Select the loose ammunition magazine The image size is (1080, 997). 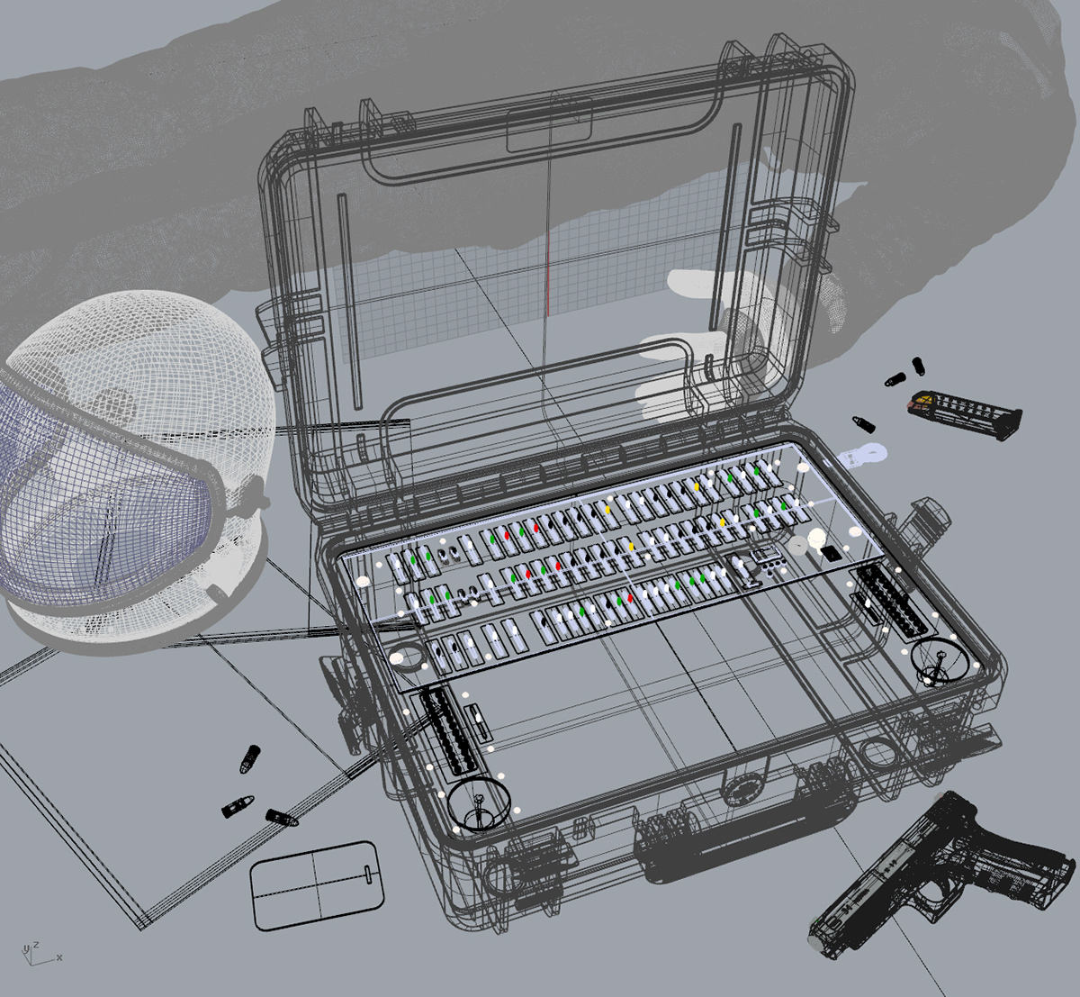point(964,413)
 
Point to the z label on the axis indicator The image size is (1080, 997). point(36,946)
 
